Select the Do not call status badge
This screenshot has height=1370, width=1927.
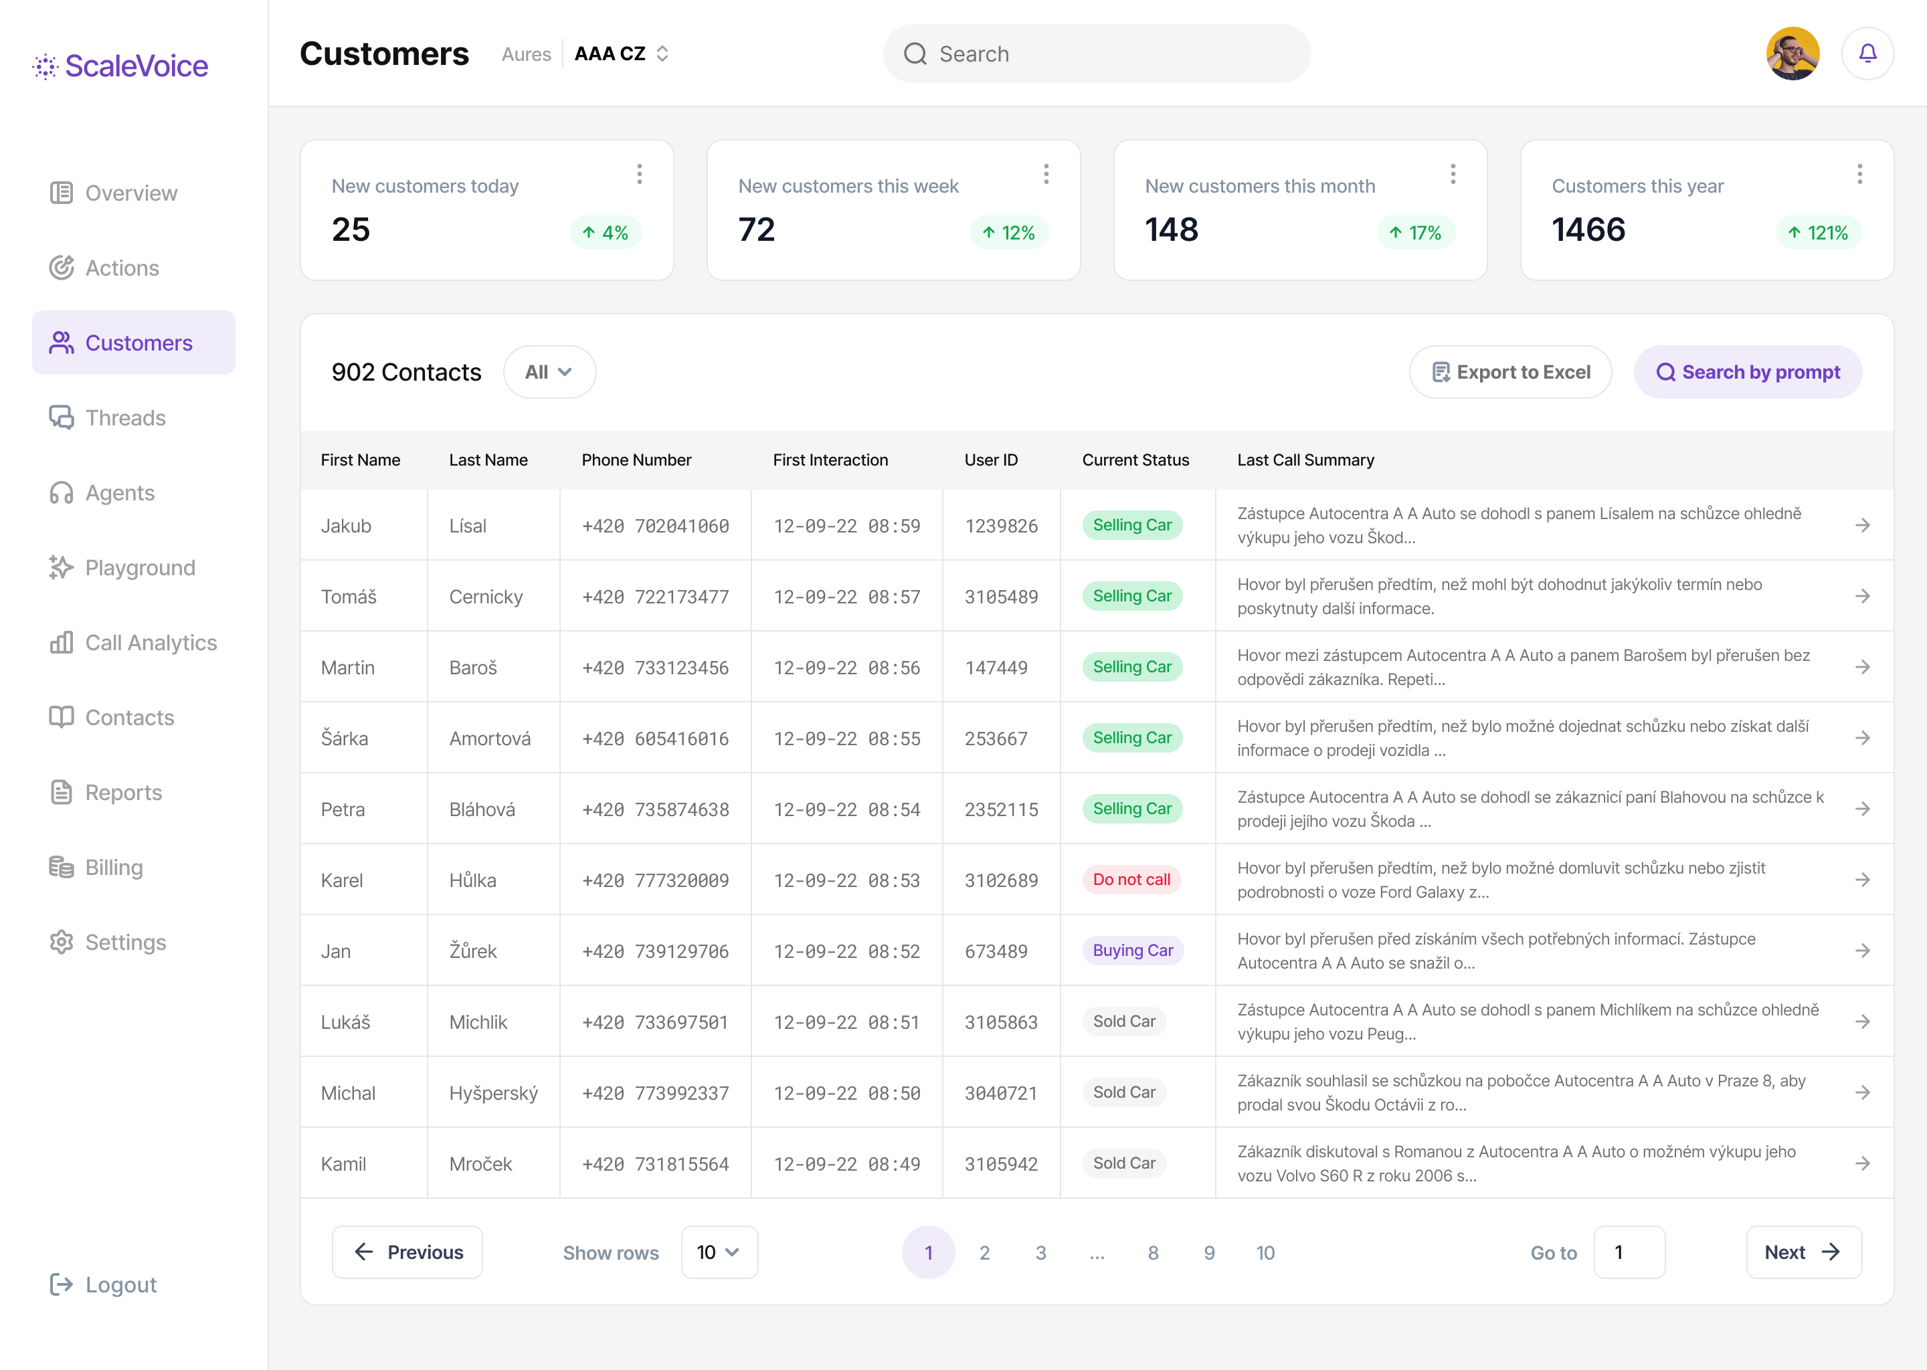[x=1131, y=880]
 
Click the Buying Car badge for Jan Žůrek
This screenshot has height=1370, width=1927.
[x=1132, y=951]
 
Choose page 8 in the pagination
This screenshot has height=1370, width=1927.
[x=1152, y=1253]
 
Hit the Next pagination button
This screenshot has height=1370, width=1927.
[x=1803, y=1253]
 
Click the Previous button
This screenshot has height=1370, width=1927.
[x=407, y=1253]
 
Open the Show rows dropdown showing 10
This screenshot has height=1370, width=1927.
[x=719, y=1253]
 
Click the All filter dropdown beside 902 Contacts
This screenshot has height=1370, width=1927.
[x=549, y=372]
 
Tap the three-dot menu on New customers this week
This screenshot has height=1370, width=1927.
[x=1046, y=175]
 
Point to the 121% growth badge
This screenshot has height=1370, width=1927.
[x=1818, y=233]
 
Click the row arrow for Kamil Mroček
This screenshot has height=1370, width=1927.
[x=1863, y=1163]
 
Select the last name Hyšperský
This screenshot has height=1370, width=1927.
[x=494, y=1093]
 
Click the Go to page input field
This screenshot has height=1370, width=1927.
[x=1629, y=1253]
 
